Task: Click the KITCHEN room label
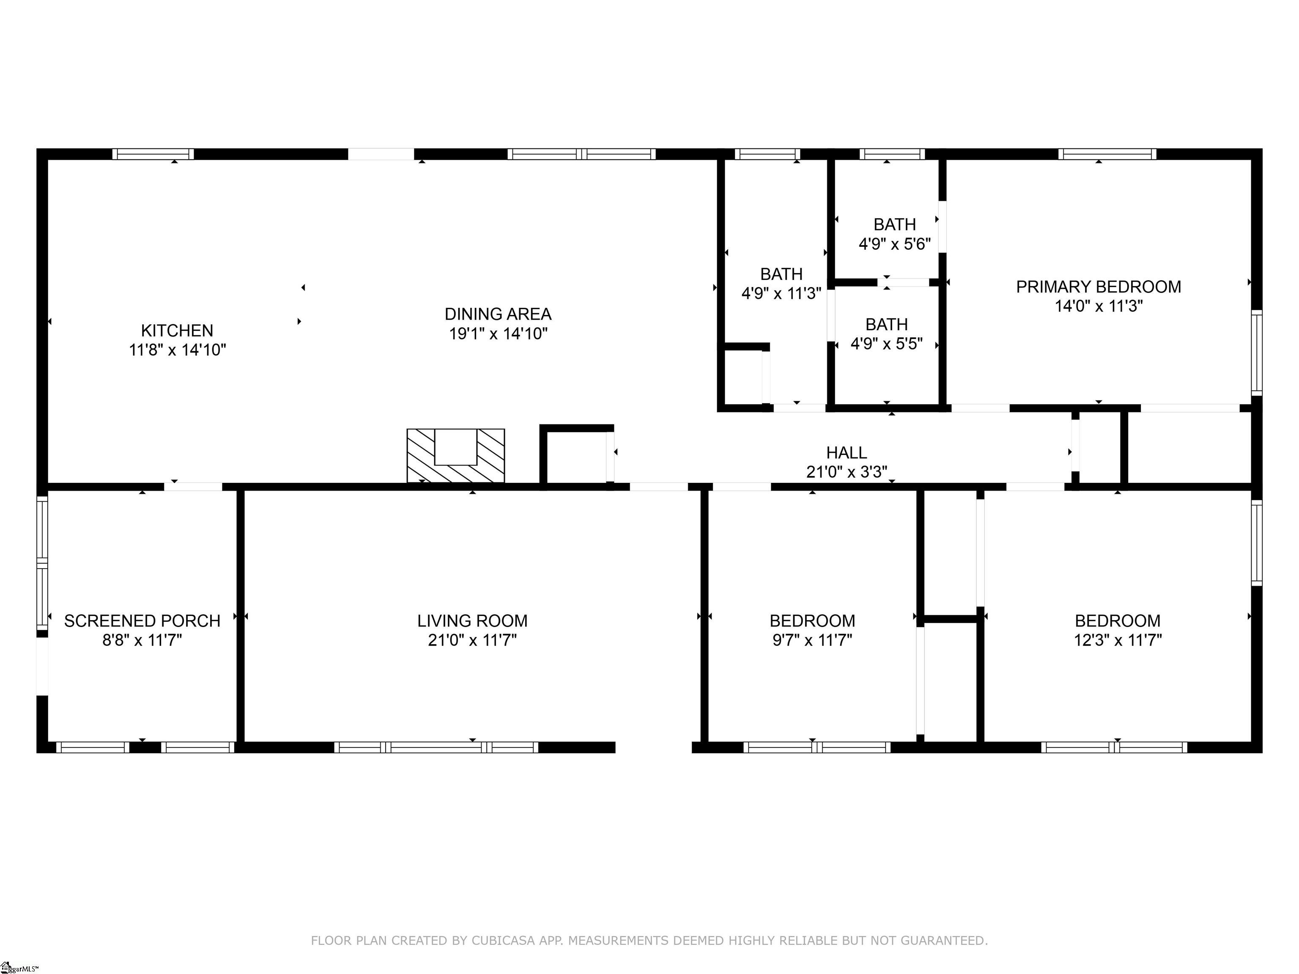tap(177, 331)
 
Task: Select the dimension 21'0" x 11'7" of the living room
tap(472, 640)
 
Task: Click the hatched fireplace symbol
tap(456, 456)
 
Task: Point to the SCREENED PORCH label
tap(142, 621)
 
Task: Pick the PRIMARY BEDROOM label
tap(1098, 287)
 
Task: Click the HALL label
tap(846, 453)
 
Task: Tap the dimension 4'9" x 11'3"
tap(781, 293)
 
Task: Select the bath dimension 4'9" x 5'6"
tap(894, 244)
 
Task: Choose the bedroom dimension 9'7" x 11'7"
tap(812, 640)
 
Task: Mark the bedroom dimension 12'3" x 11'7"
tap(1118, 640)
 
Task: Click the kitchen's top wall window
tap(153, 154)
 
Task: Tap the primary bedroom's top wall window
tap(1107, 154)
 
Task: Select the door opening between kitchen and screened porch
tap(193, 486)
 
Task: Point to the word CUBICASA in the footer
tap(503, 940)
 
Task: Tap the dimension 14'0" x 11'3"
tap(1098, 306)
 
